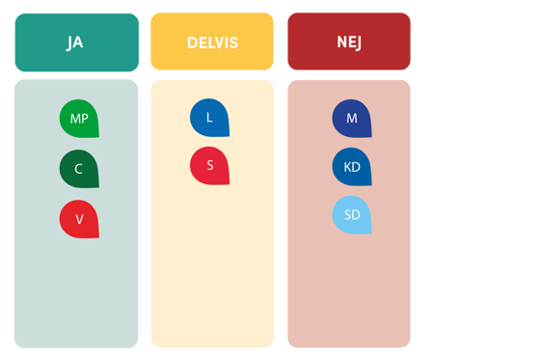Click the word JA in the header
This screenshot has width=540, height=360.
(75, 42)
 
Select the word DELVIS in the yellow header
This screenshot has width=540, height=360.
(212, 42)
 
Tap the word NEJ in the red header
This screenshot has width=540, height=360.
(349, 42)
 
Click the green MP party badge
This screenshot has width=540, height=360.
(79, 119)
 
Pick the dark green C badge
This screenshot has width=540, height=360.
(79, 169)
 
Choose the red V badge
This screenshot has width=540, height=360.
(79, 219)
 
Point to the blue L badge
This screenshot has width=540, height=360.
(209, 118)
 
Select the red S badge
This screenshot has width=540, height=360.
(209, 165)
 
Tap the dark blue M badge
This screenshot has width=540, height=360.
(352, 118)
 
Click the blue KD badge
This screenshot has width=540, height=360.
(352, 167)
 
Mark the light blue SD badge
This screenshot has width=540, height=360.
(352, 215)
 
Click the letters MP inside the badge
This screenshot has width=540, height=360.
(79, 119)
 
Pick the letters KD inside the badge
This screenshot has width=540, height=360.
(352, 167)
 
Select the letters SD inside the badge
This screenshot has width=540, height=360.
(352, 215)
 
